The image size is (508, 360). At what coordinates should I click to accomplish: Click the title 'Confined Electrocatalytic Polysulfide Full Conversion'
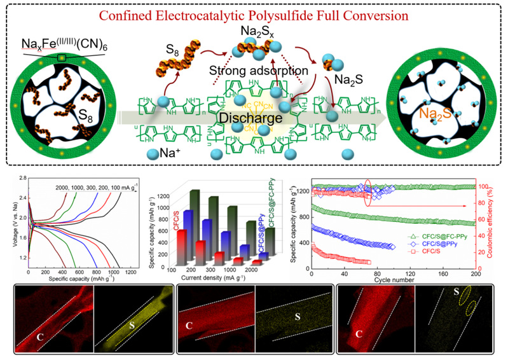(x=254, y=14)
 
